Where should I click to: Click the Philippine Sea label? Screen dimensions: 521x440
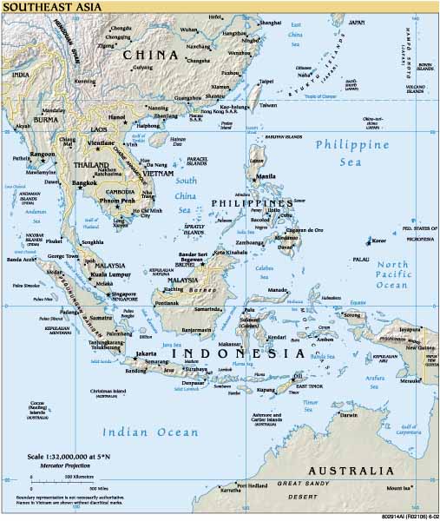coord(351,153)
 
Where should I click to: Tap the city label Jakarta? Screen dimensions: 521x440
coord(146,354)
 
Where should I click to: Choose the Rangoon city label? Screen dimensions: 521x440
coord(43,154)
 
